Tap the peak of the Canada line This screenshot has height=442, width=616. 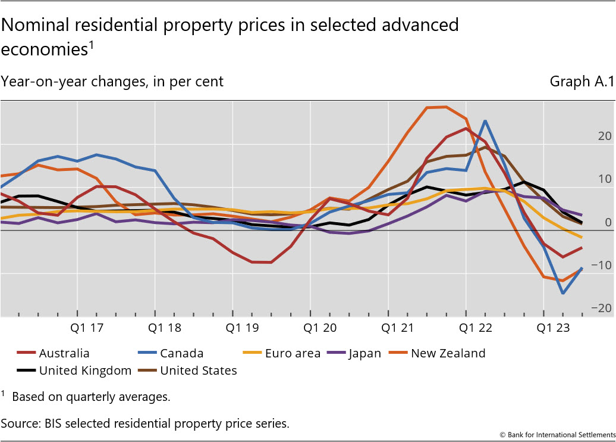[x=485, y=121]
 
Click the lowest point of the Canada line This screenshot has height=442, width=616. [x=562, y=293]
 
